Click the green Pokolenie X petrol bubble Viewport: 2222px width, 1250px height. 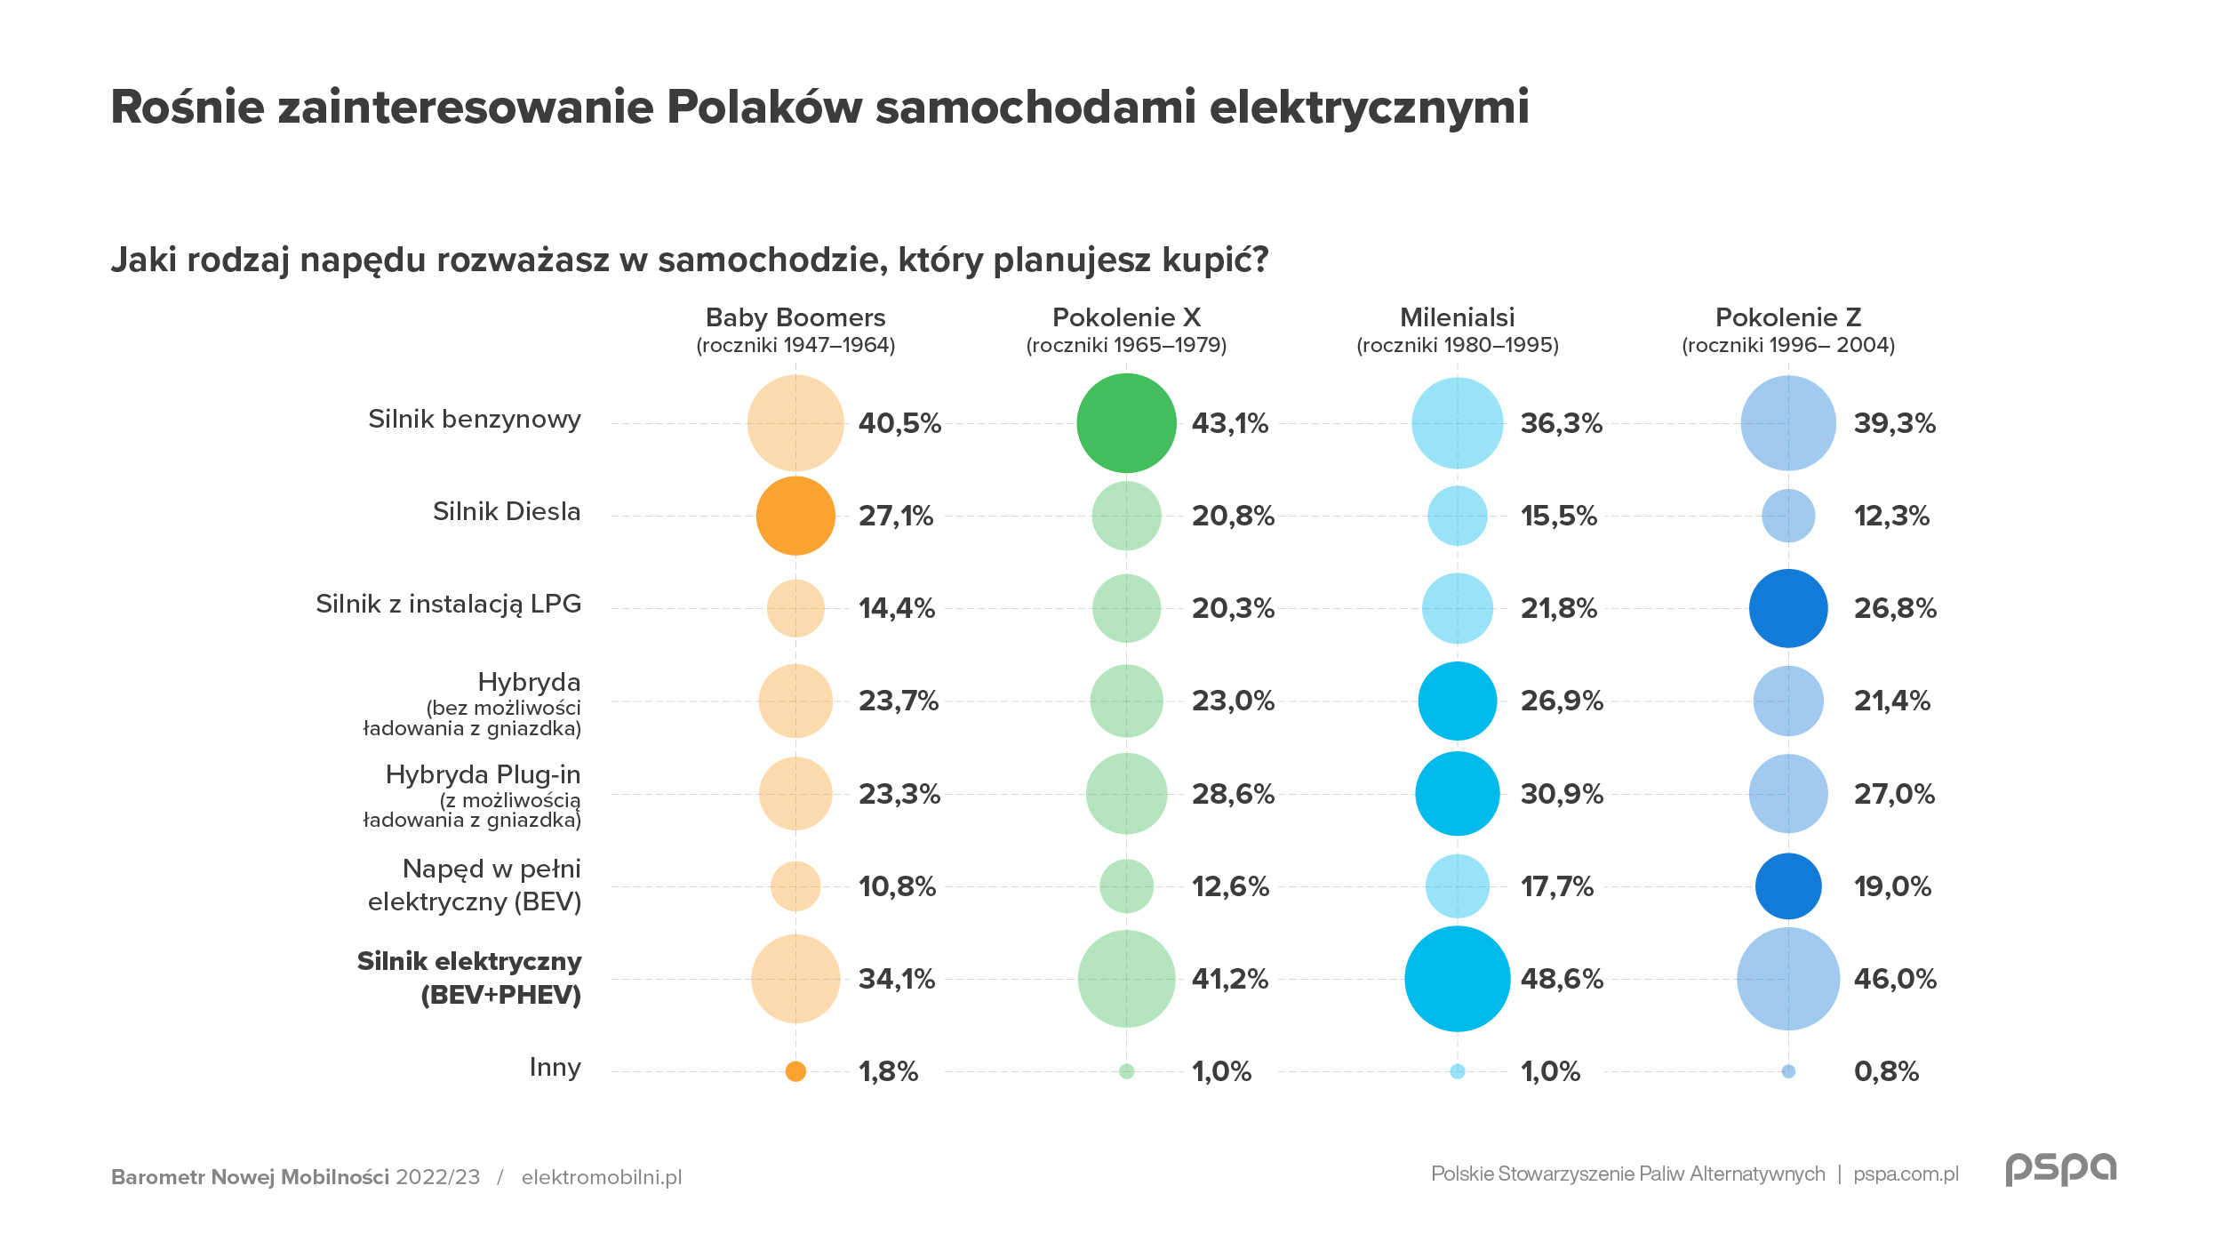tap(1126, 423)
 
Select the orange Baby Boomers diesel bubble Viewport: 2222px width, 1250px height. tap(795, 516)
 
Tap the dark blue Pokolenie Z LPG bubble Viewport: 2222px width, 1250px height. tap(1788, 608)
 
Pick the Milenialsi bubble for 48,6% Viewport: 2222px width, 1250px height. tap(1458, 979)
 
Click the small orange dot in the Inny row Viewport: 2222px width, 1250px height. tap(795, 1071)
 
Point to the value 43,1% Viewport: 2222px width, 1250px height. tap(1229, 423)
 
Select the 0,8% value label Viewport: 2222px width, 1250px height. tap(1886, 1071)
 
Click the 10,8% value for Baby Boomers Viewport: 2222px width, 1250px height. tap(897, 886)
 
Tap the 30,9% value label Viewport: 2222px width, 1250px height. tap(1562, 794)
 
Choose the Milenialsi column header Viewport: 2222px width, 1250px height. tap(1458, 317)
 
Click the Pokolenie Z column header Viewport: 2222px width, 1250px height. tap(1788, 317)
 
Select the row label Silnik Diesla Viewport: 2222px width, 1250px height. tap(507, 512)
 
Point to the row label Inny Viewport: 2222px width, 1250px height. tap(555, 1067)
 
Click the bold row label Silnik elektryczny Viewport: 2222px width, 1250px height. tap(469, 962)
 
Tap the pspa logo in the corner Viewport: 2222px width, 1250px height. tap(2061, 1169)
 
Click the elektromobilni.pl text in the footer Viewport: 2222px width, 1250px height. tap(602, 1177)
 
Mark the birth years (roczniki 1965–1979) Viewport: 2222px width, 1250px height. tap(1126, 345)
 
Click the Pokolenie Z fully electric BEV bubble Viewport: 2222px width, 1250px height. tap(1788, 886)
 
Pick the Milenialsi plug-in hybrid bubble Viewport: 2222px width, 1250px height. tap(1458, 794)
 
